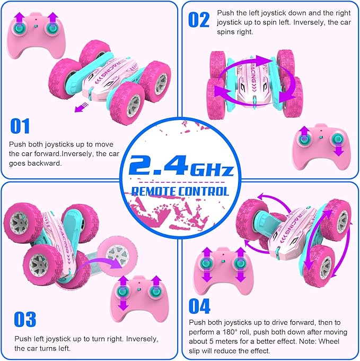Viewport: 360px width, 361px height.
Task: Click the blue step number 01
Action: pyautogui.click(x=20, y=126)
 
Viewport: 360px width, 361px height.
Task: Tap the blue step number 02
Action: pyautogui.click(x=199, y=20)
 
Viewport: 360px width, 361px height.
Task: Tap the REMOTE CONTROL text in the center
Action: pyautogui.click(x=180, y=191)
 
